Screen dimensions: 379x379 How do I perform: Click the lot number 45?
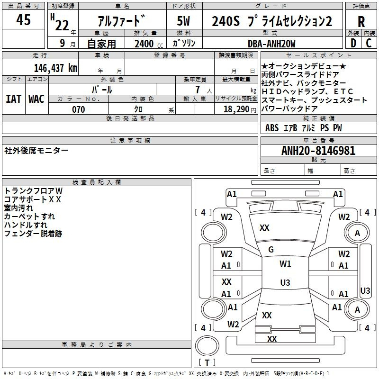pos(23,19)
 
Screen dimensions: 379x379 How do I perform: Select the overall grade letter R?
pos(361,22)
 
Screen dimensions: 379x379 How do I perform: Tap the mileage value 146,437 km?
pos(55,68)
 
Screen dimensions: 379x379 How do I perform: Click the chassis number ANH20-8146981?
pos(318,151)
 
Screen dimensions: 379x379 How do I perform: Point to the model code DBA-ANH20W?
pos(271,44)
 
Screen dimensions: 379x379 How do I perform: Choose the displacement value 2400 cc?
pos(149,44)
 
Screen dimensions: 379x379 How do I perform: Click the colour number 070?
pos(79,109)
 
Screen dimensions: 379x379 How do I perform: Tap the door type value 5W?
pos(183,21)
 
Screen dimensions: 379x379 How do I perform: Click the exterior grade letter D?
pos(353,43)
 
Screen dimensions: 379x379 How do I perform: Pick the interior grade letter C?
pos(369,43)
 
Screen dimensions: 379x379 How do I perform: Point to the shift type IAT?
pos(13,99)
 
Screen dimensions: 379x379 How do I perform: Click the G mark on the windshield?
pos(271,250)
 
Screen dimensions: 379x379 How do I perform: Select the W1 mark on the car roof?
pos(285,264)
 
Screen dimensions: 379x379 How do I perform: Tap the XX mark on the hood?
pos(264,228)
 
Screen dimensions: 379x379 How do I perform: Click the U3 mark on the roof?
pos(285,282)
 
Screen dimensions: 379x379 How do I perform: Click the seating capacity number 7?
pos(198,90)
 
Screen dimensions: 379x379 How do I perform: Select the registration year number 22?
pos(62,26)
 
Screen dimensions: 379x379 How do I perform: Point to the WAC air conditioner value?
pos(36,99)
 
